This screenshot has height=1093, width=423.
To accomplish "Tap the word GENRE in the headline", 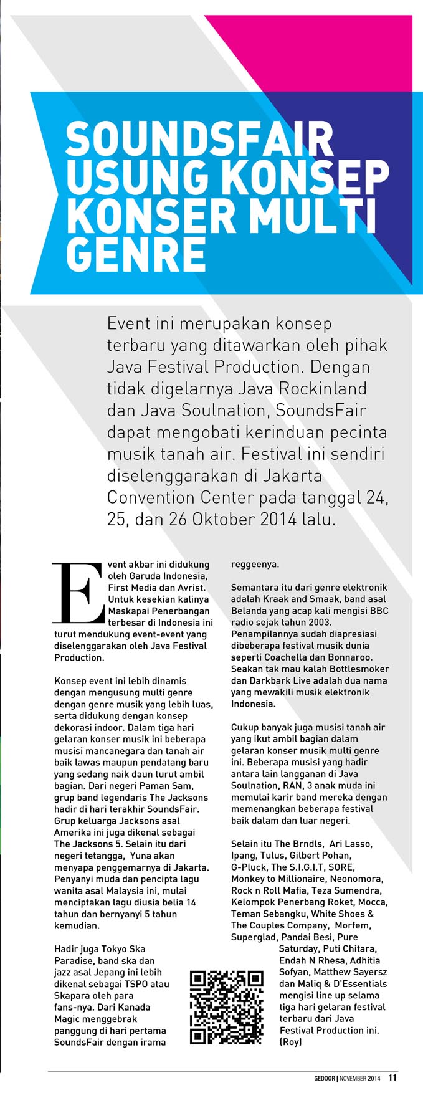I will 135,253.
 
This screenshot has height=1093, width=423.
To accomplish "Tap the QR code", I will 226,1006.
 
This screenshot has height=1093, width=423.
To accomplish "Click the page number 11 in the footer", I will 392,1077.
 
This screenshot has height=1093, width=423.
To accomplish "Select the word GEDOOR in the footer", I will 325,1078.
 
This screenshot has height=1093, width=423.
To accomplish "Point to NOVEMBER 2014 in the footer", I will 359,1078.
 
